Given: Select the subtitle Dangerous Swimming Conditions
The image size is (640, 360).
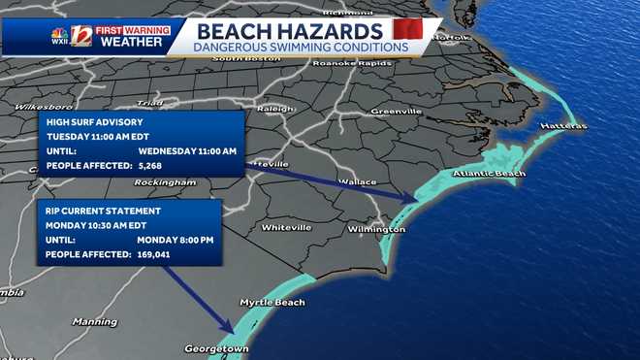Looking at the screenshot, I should pos(301,47).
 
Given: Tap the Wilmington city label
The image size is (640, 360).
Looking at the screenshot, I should pos(377,229).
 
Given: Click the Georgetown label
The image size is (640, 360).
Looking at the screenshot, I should pos(217,347).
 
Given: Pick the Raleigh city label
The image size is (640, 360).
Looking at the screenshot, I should pos(275,109).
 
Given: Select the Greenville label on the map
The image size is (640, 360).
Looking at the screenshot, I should pos(396,112).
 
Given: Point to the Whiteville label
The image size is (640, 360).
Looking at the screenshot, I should pos(286,227).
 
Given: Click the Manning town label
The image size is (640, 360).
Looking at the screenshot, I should pos(94,321).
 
